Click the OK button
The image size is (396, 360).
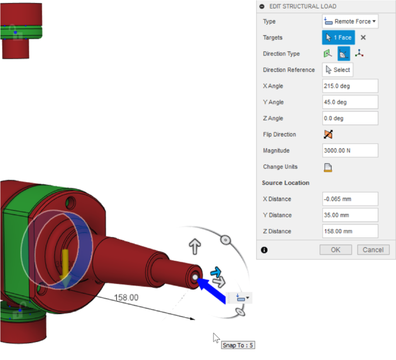pyautogui.click(x=335, y=250)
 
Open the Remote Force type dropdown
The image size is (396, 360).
pyautogui.click(x=350, y=22)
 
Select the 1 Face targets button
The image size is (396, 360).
pyautogui.click(x=338, y=38)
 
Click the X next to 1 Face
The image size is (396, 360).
pyautogui.click(x=363, y=38)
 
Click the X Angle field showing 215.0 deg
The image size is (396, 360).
pyautogui.click(x=350, y=86)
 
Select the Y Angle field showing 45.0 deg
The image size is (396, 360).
pyautogui.click(x=350, y=102)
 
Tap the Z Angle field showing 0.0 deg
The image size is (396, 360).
pyautogui.click(x=350, y=118)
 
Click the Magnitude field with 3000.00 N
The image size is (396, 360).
pyautogui.click(x=350, y=150)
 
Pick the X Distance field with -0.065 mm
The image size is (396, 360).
pyautogui.click(x=350, y=199)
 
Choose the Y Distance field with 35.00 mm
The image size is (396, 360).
pyautogui.click(x=350, y=215)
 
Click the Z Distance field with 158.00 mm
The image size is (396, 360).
pyautogui.click(x=350, y=231)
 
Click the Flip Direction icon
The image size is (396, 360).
pyautogui.click(x=328, y=135)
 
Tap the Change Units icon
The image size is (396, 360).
pyautogui.click(x=328, y=167)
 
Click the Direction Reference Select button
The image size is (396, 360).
pyautogui.click(x=338, y=70)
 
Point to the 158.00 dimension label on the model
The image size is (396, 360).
pyautogui.click(x=126, y=297)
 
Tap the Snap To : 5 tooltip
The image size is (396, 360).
pyautogui.click(x=238, y=345)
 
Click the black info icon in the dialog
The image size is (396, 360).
pyautogui.click(x=265, y=250)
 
